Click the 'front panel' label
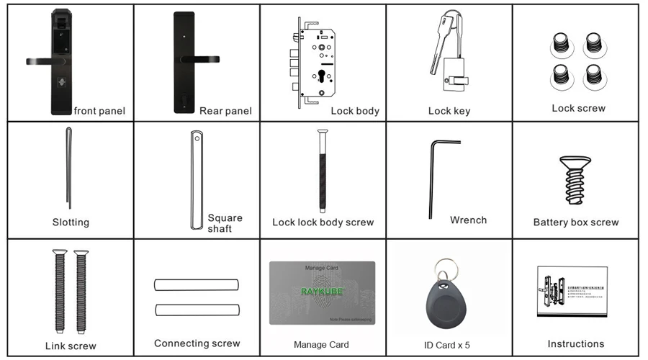99,111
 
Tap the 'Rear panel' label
225,111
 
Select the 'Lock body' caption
355,111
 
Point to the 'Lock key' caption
449,111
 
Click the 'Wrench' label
468,220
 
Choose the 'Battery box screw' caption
575,222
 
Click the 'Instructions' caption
575,344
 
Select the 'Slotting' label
71,222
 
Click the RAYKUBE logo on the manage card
322,292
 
